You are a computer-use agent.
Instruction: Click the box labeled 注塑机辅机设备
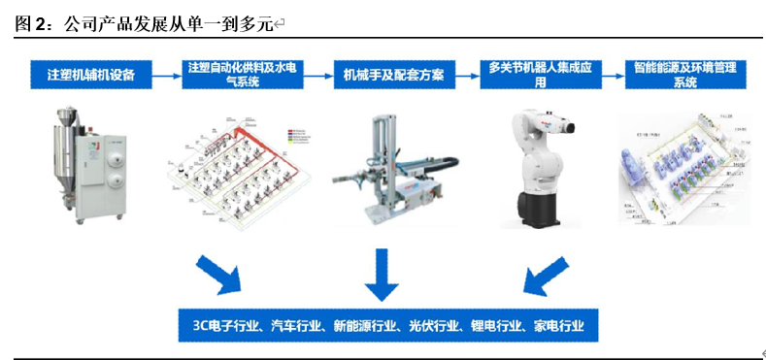coord(90,74)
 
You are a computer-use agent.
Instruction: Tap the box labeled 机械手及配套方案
coord(387,74)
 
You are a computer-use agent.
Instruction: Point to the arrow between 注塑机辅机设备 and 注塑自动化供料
coord(167,74)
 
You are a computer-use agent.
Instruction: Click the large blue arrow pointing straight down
coord(382,275)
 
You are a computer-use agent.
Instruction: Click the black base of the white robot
coord(541,213)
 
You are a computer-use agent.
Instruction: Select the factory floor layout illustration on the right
coord(684,165)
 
